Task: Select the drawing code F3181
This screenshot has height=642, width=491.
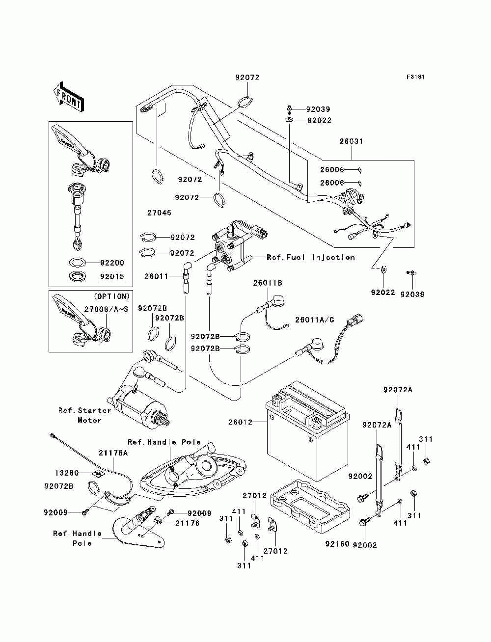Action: (415, 77)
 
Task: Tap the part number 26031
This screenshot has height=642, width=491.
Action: (352, 141)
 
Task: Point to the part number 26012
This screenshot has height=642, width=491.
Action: (240, 422)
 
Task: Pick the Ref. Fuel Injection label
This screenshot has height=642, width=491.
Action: (310, 257)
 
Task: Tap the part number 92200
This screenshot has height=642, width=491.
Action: (112, 263)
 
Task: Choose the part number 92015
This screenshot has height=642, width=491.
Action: (112, 276)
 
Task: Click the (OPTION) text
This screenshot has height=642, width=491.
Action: (111, 296)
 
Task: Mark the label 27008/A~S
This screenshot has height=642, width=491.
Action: (106, 310)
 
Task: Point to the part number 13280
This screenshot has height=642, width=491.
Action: (66, 473)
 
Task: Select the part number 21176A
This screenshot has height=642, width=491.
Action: (113, 453)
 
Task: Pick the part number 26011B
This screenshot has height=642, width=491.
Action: (268, 283)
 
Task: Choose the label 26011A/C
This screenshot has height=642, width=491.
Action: (315, 320)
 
